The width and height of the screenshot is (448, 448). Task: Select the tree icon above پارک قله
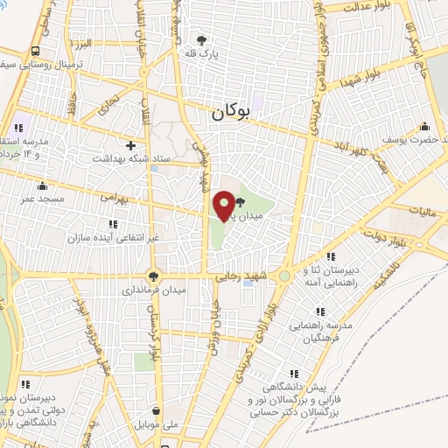pos(202,40)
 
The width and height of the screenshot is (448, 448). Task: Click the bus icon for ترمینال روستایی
pos(34,51)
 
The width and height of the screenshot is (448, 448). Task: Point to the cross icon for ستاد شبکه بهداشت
pos(131,145)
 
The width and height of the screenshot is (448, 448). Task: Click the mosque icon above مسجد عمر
pos(41,185)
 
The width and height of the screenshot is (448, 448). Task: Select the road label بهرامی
pos(114,198)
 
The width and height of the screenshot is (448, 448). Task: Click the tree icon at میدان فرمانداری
pos(154,274)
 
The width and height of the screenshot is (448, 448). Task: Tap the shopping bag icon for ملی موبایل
pos(156,409)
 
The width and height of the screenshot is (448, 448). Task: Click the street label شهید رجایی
pos(241,276)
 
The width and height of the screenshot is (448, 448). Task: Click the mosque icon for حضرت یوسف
pos(425,126)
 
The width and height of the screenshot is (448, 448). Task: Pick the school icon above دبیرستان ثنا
pos(332,256)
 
